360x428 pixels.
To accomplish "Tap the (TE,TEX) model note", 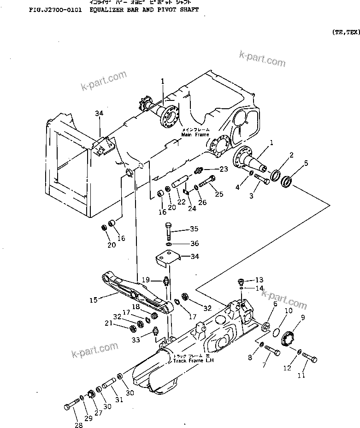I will (x=345, y=32).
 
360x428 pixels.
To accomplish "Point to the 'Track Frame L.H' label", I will (x=193, y=360).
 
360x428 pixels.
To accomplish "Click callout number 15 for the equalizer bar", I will (x=93, y=300).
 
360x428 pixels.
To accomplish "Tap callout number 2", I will (x=291, y=155).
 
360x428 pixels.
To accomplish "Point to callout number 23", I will (x=224, y=169).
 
